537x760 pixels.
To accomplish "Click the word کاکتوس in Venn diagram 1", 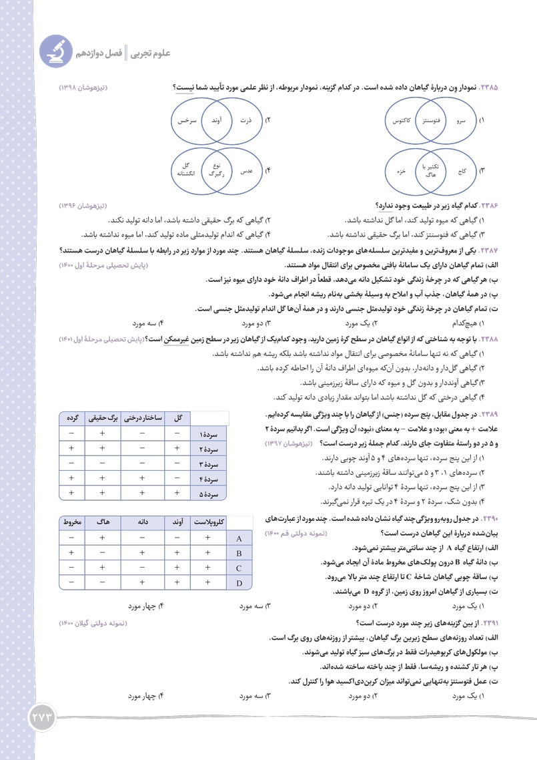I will (x=400, y=121).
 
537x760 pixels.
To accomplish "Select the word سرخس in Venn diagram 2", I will (x=184, y=121).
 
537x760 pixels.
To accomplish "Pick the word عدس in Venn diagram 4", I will (x=246, y=170).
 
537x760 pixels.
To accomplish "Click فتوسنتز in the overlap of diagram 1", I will (x=432, y=121).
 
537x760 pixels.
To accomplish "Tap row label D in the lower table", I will (x=238, y=582).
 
